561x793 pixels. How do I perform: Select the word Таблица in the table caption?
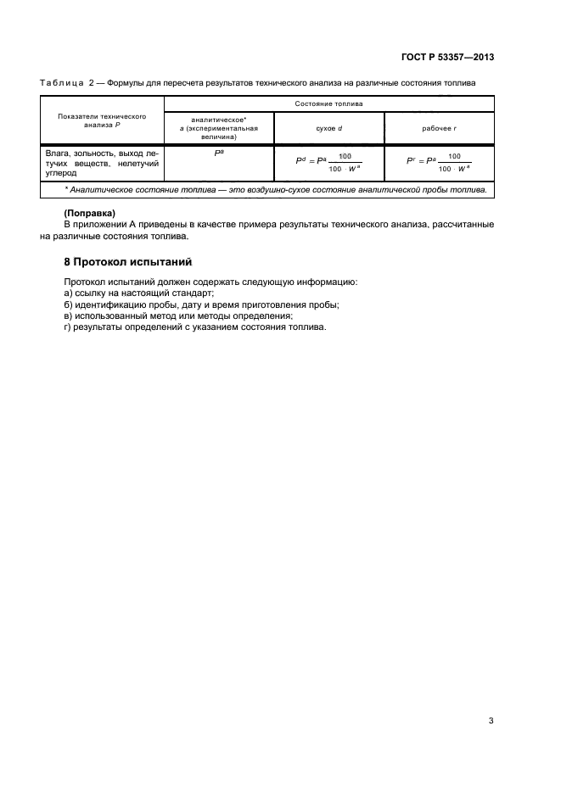pos(62,82)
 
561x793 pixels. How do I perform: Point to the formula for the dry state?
pos(327,161)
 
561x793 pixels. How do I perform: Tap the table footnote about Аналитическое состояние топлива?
pos(275,190)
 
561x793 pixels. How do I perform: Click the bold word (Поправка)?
pos(89,211)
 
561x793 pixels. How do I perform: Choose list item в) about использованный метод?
pos(177,316)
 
